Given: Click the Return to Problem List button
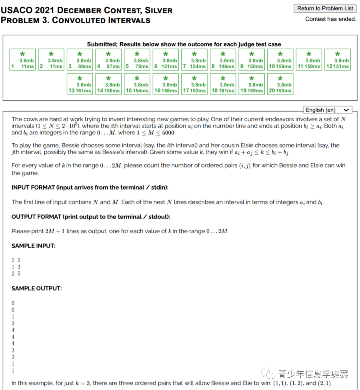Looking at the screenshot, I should coord(325,8).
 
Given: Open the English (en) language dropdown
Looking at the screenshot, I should coord(327,110).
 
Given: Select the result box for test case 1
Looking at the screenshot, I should coord(23,60).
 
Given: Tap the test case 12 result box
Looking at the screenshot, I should coord(338,60).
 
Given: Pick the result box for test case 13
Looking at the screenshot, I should coord(80,84).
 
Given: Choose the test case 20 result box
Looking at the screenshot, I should coord(280,84).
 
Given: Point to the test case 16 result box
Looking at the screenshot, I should coord(166,84).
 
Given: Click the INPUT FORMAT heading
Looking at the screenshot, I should coord(90,188).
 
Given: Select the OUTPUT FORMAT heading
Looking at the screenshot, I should coord(91,217).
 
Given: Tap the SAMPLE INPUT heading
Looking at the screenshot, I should coord(33,246).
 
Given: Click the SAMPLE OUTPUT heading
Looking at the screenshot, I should coord(36,288).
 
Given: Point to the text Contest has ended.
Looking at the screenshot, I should coord(330,19).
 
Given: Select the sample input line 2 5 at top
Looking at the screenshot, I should coord(16,260).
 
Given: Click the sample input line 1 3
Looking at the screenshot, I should coord(16,267).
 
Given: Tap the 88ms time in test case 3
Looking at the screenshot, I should coord(84,66).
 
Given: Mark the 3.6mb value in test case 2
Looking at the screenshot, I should coord(55,61).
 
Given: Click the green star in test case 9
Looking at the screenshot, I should coord(252,54).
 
